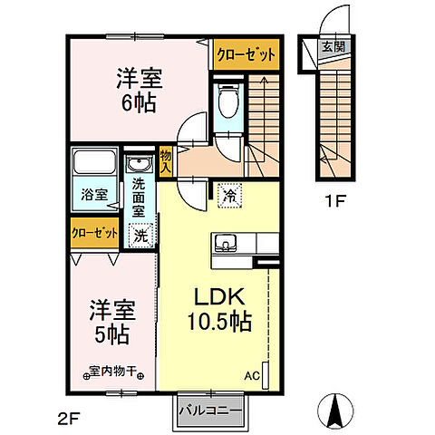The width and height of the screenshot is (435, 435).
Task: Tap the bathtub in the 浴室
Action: coord(95,162)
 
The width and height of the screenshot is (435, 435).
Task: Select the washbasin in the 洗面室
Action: coord(140,164)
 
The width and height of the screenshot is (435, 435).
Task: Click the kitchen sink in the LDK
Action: coord(226,243)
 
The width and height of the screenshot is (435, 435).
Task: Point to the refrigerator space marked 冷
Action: coord(229,196)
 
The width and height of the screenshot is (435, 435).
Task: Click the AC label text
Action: coord(252,376)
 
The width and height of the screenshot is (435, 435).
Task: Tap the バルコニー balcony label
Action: coord(210,411)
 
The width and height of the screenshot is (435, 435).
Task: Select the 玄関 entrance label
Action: coord(333,47)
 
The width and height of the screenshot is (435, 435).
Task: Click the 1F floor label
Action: coord(334,201)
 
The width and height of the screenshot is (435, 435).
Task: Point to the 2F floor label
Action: coord(68,419)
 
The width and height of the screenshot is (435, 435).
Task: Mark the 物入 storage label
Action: coord(166,162)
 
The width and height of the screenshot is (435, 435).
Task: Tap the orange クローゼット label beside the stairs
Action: coord(246,55)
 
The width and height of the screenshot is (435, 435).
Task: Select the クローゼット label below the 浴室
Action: coord(94,233)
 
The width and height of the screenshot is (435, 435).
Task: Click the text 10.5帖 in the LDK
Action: coord(219,321)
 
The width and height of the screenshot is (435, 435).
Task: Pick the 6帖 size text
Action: coord(139,102)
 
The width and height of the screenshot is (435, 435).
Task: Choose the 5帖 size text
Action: coord(112,334)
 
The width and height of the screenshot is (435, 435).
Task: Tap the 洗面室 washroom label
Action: coord(139,198)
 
